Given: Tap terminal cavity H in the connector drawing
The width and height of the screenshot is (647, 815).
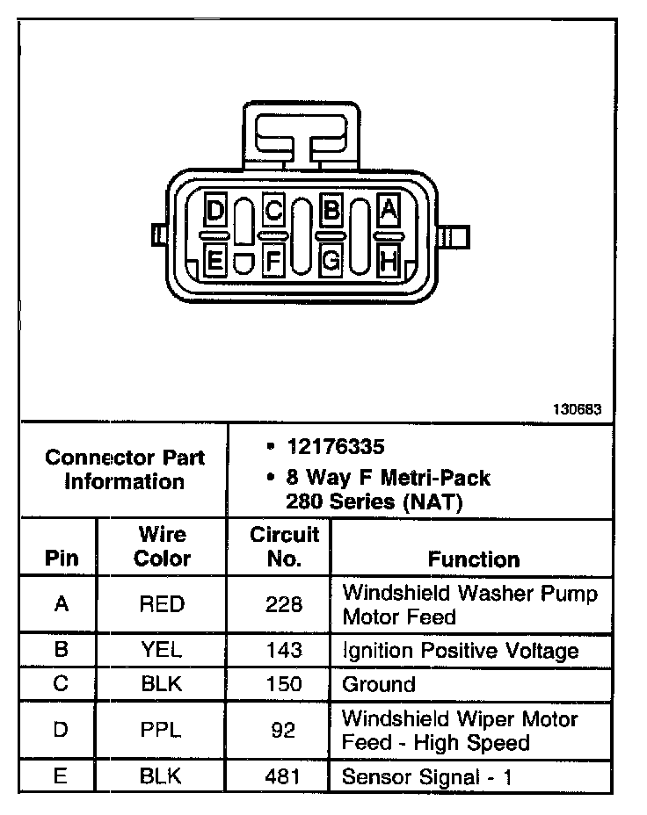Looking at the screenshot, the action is pos(389,261).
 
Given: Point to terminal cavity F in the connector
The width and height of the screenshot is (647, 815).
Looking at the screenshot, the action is pos(273,261).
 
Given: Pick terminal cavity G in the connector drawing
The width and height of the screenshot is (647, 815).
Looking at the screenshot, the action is pos(331,261).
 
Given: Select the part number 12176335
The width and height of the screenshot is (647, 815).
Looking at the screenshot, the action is pos(335,447).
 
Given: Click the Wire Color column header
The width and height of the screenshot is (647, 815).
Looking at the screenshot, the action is pos(162,546).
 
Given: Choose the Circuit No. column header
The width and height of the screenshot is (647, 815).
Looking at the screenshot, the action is pos(284,546).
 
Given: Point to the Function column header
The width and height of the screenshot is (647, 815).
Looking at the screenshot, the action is pos(474,559).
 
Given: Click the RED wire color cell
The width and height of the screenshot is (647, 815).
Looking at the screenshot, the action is pos(162,605).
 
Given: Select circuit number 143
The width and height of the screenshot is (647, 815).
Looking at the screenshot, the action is pos(284,651).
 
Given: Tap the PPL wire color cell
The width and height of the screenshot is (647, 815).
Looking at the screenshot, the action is pos(162,730).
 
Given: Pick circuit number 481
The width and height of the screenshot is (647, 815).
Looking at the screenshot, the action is pos(284,776).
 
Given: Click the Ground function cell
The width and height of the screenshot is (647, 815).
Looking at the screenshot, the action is pos(379,684).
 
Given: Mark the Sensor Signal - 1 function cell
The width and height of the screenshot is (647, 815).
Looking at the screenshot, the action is pos(426,776).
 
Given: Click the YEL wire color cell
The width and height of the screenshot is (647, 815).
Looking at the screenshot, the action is pos(162,651).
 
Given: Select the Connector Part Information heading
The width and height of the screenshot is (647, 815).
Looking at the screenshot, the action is pos(125,470).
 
